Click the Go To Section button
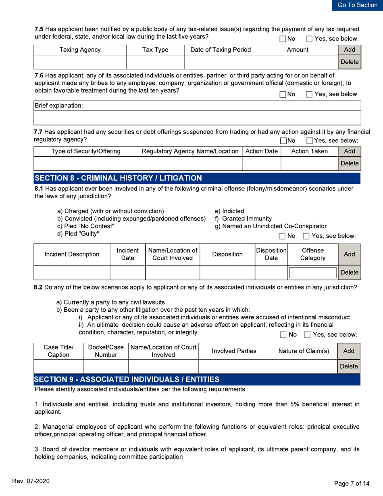click(357, 5)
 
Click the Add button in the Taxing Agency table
click(350, 50)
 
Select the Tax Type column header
click(155, 50)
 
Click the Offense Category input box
click(312, 273)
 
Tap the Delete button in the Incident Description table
click(350, 273)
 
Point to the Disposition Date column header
click(271, 254)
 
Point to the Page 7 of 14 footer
click(355, 483)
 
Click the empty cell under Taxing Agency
click(80, 63)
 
